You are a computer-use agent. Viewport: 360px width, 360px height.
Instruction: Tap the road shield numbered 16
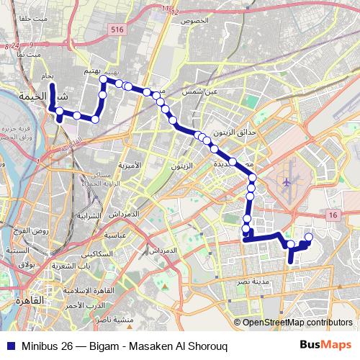tap(332, 215)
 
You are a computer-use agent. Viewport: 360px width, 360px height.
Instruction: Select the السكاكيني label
tap(96, 254)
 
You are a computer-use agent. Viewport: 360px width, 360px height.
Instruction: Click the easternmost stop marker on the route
tap(309, 238)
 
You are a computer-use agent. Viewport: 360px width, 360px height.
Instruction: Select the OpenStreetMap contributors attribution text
tap(297, 323)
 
